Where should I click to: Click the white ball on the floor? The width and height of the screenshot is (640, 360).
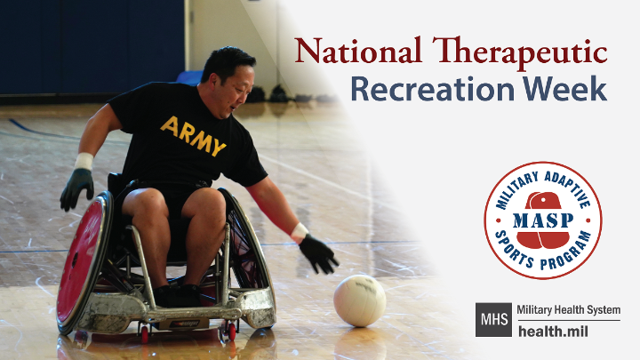(x=360, y=300)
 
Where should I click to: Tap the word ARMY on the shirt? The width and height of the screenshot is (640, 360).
(x=193, y=136)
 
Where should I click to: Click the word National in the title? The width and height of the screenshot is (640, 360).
(x=357, y=51)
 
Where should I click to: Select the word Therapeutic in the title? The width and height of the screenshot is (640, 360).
(x=520, y=53)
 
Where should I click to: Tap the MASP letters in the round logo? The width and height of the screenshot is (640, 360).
(x=543, y=220)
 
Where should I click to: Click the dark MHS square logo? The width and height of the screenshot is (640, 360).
(x=493, y=320)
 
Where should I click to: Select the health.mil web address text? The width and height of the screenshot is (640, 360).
(x=553, y=331)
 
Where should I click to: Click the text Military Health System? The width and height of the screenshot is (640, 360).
(x=569, y=310)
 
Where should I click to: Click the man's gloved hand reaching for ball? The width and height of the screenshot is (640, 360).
(x=318, y=254)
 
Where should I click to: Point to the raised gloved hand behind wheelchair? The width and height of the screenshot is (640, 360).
(x=77, y=189)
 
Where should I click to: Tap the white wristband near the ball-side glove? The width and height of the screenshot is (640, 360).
(x=300, y=232)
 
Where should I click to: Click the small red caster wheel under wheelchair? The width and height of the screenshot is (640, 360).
(x=145, y=333)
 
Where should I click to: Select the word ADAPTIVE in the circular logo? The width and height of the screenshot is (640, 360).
(x=568, y=188)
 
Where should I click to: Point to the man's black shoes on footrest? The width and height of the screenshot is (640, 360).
(x=178, y=295)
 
